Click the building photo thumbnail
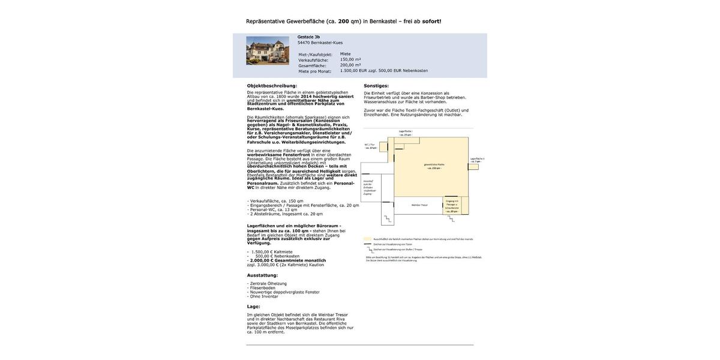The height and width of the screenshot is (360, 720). point(267,50)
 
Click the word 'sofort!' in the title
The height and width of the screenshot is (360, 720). point(431,21)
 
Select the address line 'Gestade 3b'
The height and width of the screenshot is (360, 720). point(308,37)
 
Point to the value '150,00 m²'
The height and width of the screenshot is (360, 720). point(350,59)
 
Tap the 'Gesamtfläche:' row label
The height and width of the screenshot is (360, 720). point(313,65)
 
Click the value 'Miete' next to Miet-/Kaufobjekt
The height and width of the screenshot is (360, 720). point(345,54)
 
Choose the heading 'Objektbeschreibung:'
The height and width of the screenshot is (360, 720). point(272,86)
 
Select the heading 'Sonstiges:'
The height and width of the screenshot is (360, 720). point(376,86)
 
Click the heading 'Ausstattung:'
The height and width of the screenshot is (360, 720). point(262,275)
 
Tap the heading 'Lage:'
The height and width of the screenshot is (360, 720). point(254,307)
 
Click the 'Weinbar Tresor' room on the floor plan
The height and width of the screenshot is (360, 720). point(419,205)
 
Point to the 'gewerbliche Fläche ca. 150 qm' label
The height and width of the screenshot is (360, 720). point(434,166)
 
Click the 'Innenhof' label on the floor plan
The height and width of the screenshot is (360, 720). point(368,187)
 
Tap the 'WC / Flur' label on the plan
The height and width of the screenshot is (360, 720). point(370,146)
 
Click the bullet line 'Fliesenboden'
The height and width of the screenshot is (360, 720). point(263,288)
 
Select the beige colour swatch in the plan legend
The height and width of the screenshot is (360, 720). point(368,239)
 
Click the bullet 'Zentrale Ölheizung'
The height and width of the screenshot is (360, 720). point(268,284)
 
